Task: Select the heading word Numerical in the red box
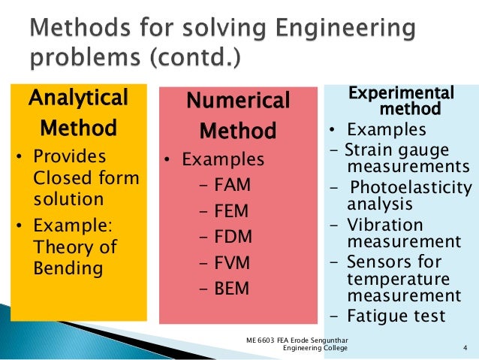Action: click(x=237, y=101)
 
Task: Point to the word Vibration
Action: click(x=385, y=225)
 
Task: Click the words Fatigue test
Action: click(x=396, y=316)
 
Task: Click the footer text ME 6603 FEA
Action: click(x=271, y=340)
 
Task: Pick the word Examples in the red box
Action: click(x=224, y=160)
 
